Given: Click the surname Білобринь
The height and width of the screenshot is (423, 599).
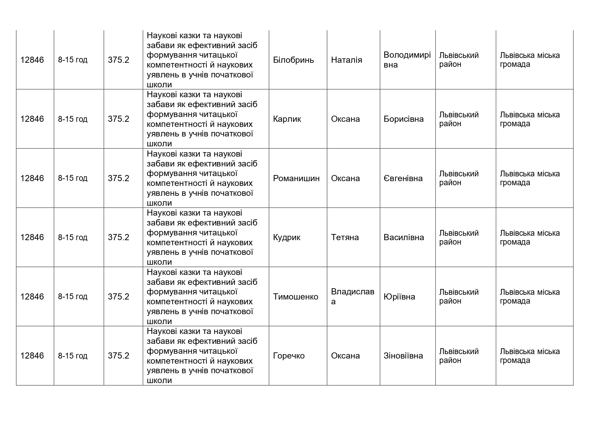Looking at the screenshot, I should point(293,60).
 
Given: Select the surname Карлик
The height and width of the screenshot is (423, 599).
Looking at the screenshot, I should point(287,119).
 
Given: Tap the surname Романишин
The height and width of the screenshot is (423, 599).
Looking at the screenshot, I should point(296,178).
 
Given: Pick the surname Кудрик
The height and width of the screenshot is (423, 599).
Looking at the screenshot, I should point(286,237).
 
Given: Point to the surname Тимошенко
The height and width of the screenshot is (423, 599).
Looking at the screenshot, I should point(296,297).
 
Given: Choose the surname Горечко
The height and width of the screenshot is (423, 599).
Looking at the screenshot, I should point(289,356).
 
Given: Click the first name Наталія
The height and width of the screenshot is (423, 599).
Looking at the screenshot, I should point(346,60).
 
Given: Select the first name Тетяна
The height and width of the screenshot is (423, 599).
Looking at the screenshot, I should point(345,237).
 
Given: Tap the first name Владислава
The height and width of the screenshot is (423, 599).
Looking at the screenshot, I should point(353,296).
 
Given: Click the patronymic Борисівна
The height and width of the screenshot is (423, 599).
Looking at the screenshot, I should point(403,119).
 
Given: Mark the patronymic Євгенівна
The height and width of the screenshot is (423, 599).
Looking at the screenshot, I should point(403,178).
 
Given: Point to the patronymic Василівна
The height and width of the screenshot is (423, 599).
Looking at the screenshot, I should point(404,237).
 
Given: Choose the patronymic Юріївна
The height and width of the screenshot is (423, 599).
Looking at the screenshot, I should point(399,297).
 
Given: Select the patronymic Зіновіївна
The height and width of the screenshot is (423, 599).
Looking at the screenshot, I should point(403,356).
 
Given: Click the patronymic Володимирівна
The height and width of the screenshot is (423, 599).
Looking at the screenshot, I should point(407,60).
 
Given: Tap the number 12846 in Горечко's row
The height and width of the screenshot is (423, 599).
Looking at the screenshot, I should point(32,356).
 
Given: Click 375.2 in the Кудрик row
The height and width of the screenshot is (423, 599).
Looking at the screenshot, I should point(118,237).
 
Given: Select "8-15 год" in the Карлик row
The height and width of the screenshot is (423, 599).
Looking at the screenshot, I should point(73,119).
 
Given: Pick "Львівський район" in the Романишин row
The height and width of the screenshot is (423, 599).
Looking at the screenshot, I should point(459,178).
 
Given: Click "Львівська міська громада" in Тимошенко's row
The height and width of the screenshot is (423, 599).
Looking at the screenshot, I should point(530,296).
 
